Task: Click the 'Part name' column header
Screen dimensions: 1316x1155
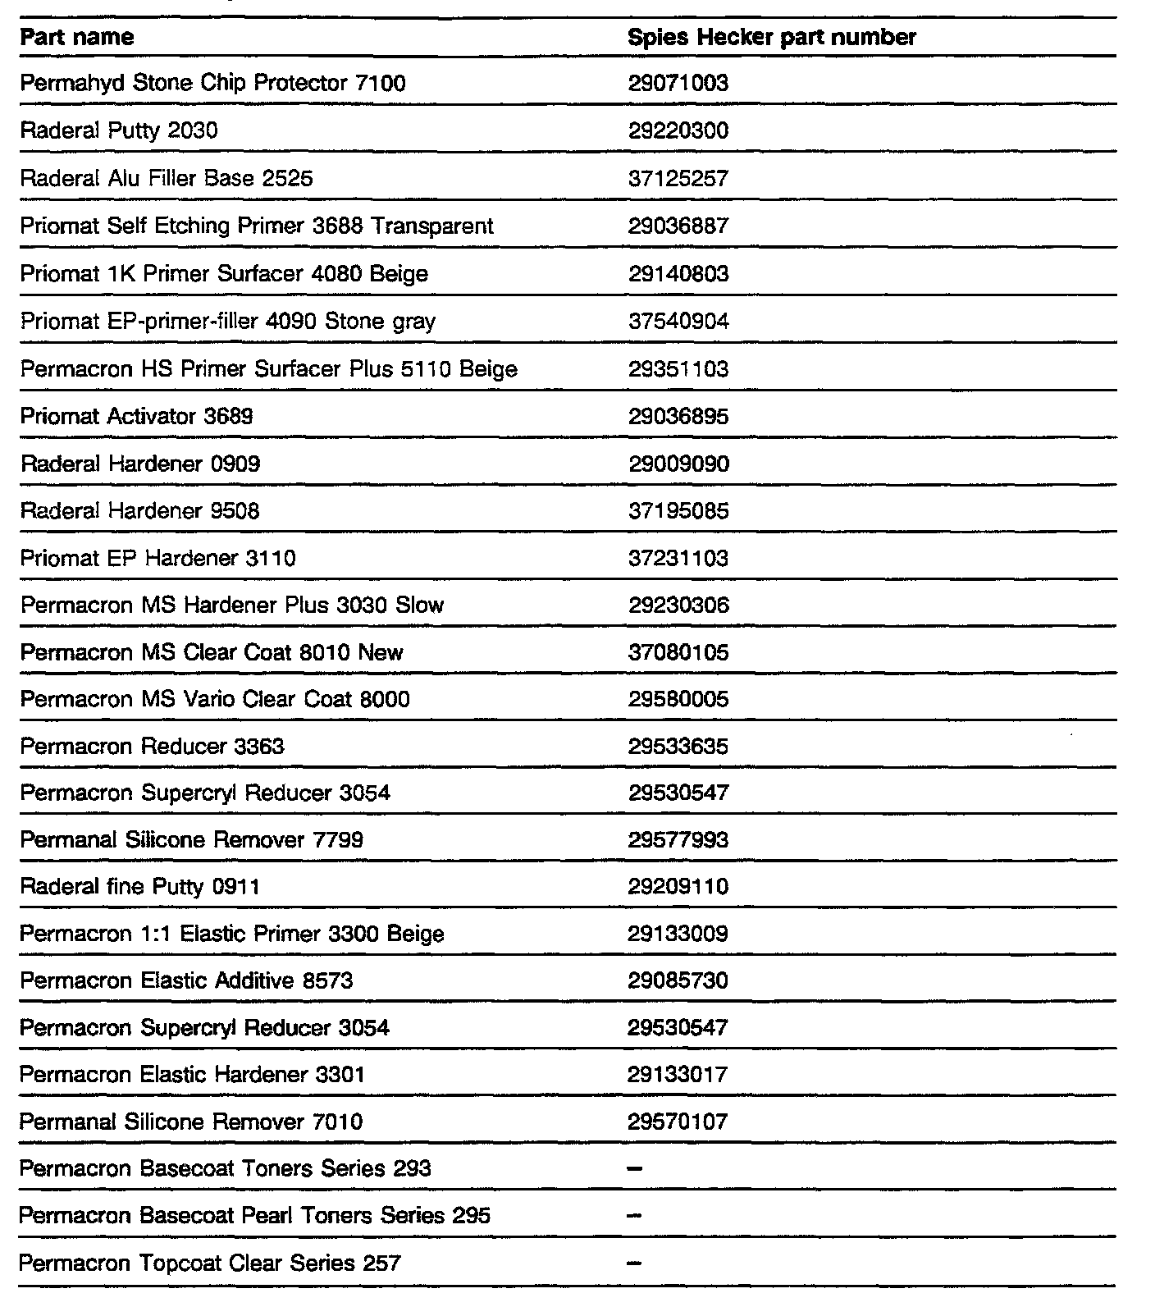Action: [77, 38]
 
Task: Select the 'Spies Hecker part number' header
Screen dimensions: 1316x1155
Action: [771, 38]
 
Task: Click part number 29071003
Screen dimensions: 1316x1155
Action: [678, 84]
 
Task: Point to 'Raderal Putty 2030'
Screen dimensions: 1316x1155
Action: [119, 131]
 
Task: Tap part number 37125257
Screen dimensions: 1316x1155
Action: [678, 179]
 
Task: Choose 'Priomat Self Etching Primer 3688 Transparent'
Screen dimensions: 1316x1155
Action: [257, 226]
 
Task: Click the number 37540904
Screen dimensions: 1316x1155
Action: [678, 322]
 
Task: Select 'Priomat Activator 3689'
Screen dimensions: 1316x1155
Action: [137, 417]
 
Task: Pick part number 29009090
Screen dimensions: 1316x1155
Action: [678, 464]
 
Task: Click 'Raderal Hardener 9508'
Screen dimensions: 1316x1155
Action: [140, 511]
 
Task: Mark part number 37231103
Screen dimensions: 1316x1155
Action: [678, 559]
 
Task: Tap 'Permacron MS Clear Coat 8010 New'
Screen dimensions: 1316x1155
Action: [212, 653]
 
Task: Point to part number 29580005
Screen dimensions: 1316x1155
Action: [678, 700]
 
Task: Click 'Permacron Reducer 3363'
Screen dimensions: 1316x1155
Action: [153, 747]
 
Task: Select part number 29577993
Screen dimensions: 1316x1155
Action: [678, 840]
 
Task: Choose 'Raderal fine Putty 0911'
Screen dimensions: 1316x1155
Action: [140, 887]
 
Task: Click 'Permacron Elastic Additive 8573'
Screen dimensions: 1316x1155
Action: [187, 981]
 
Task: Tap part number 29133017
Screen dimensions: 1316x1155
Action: [678, 1075]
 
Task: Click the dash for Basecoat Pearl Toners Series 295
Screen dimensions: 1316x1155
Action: [634, 1216]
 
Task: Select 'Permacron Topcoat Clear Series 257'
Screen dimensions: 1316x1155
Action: [210, 1263]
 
